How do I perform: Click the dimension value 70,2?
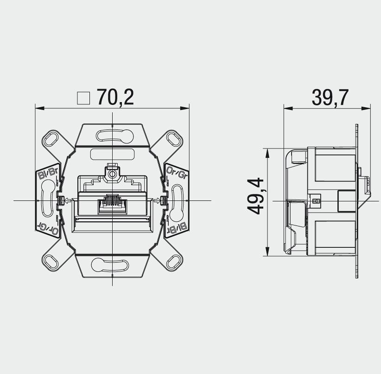point(115,97)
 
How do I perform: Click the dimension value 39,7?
point(330,98)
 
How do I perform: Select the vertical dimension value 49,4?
point(255,196)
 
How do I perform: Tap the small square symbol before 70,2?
point(83,98)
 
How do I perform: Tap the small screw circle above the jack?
point(112,174)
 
